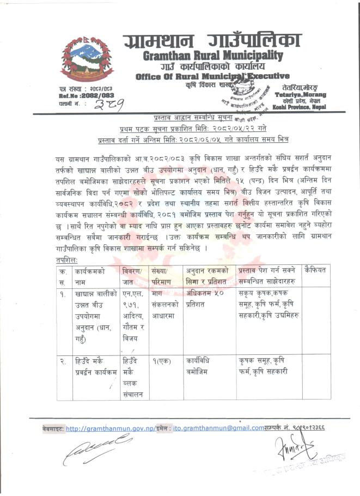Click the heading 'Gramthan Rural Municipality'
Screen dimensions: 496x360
coord(212,56)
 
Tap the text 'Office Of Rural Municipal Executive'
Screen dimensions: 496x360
coord(212,76)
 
